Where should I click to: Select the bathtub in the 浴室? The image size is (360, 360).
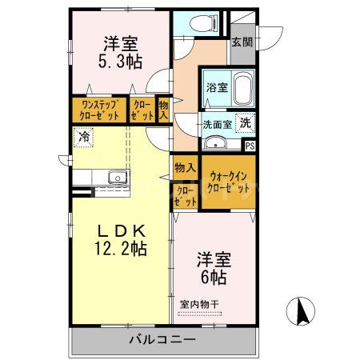click(x=242, y=89)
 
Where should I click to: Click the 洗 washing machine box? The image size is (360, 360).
click(x=246, y=123)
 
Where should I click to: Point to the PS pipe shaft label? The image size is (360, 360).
click(x=250, y=146)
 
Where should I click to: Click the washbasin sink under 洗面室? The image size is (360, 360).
click(x=215, y=143)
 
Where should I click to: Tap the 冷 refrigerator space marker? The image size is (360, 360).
click(x=83, y=138)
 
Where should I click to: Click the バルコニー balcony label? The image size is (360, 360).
click(x=162, y=340)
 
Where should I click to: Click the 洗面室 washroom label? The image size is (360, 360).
click(x=216, y=124)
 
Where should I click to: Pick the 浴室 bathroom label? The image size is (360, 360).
click(x=216, y=86)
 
